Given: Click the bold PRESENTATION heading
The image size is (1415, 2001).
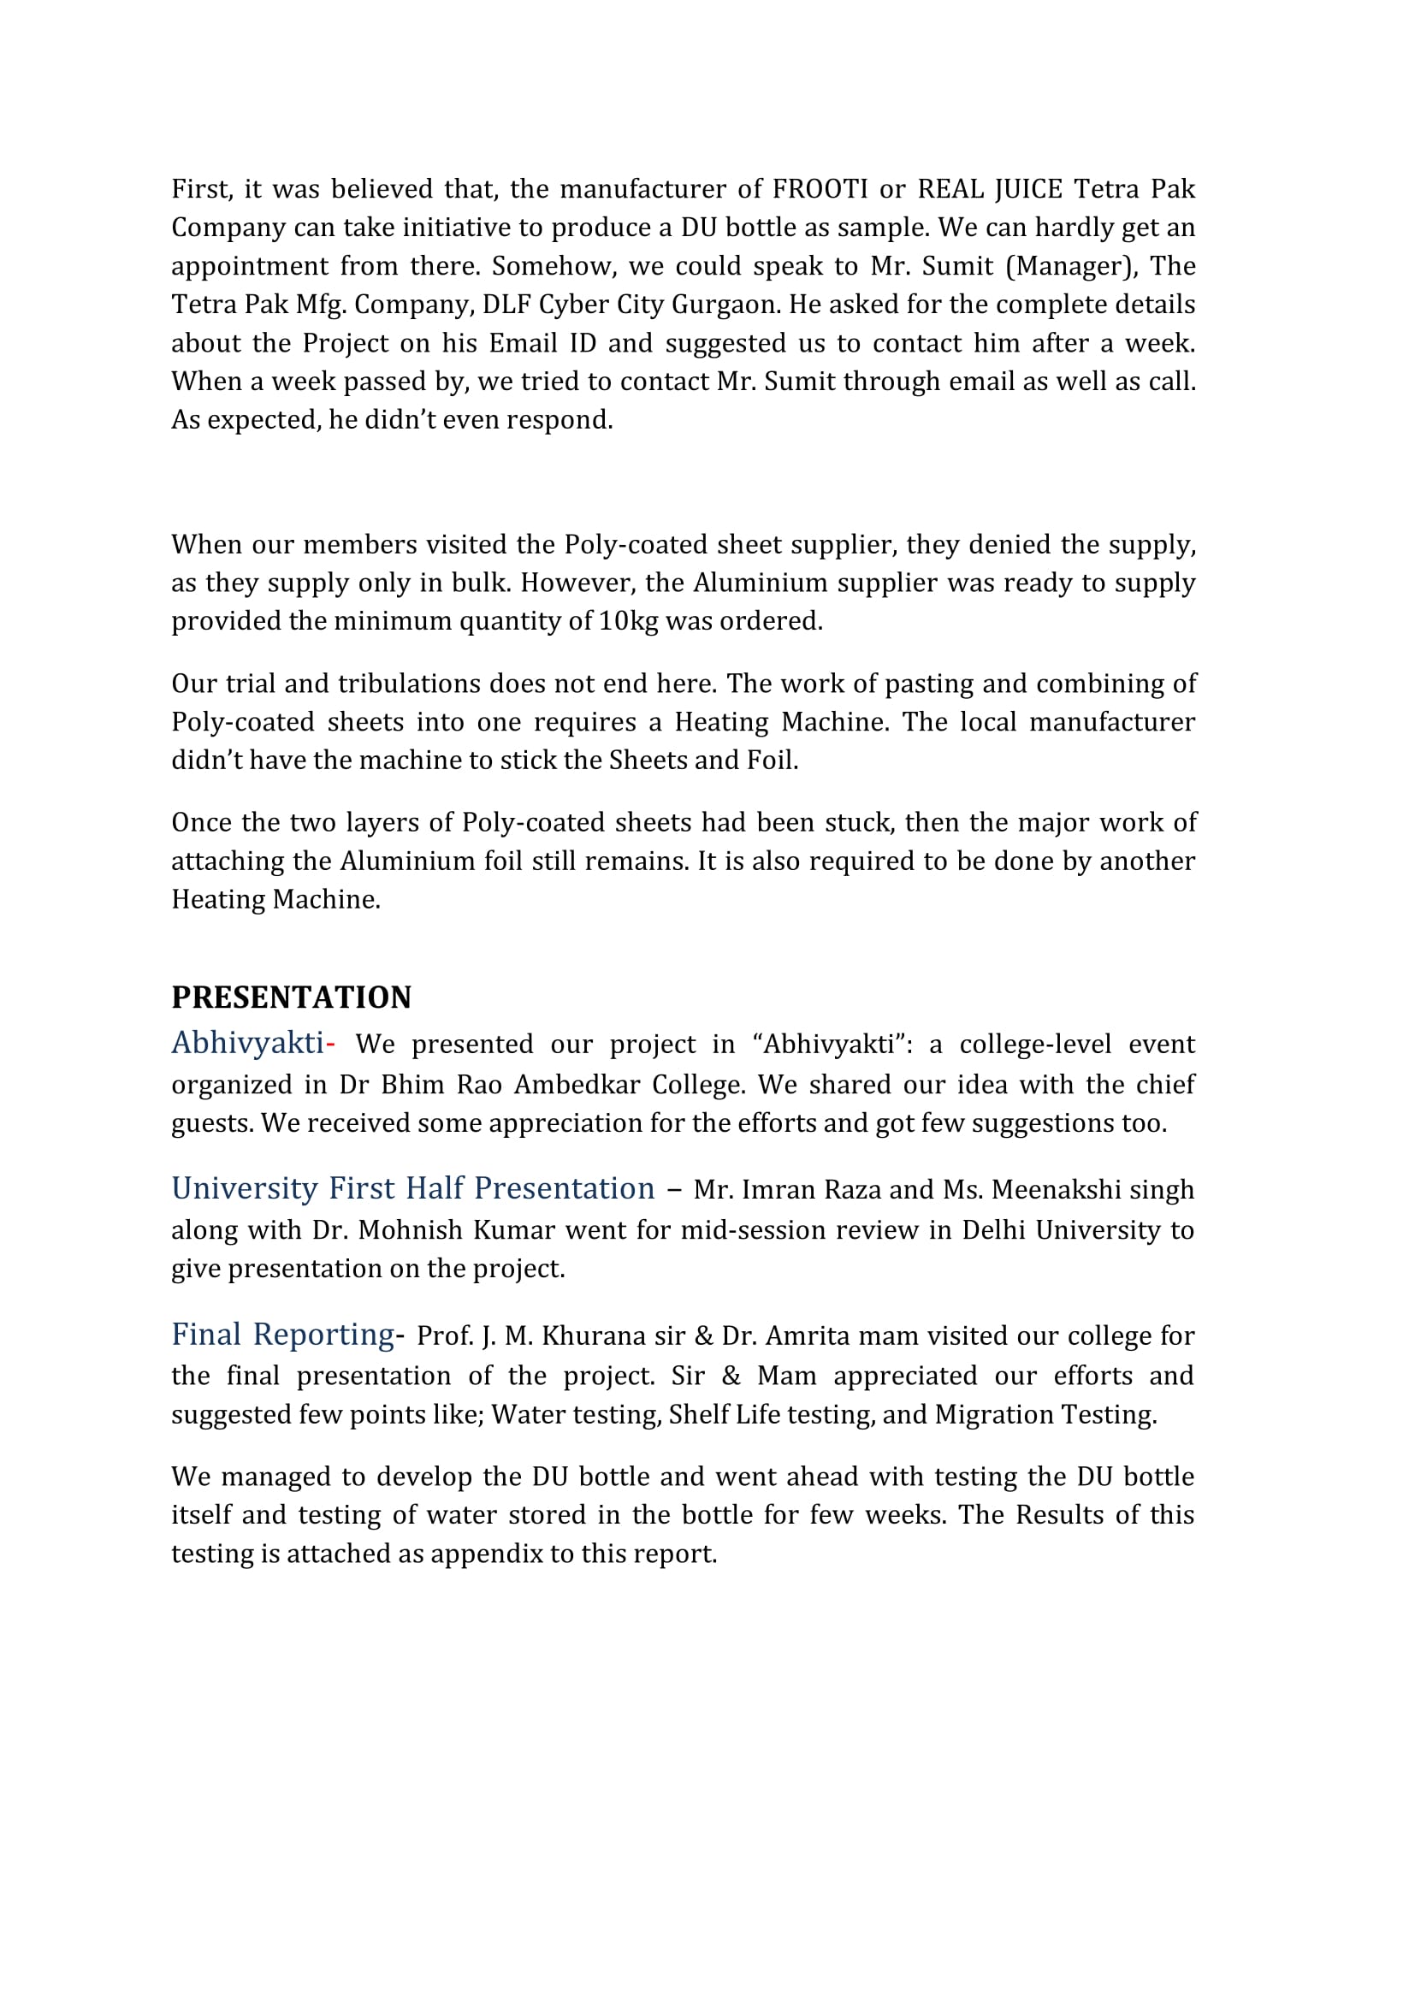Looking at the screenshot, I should [x=291, y=997].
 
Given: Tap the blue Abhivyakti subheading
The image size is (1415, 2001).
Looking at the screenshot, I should [x=247, y=1042].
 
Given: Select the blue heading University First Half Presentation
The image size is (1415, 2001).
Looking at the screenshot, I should [x=412, y=1188].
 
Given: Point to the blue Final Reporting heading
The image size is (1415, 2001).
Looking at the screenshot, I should [x=282, y=1335].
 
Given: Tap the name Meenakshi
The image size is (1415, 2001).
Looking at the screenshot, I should [x=1056, y=1190].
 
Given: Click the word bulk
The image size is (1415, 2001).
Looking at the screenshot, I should [x=479, y=583].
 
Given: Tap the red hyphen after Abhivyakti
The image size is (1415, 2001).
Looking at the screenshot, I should [x=330, y=1043].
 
